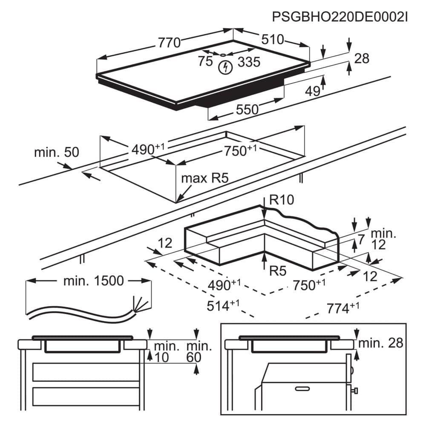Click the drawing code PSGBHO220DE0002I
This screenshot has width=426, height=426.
click(340, 17)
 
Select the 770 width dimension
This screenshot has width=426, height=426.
click(169, 43)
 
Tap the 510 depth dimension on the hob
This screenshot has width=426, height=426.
click(272, 40)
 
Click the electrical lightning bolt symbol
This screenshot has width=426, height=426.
click(225, 67)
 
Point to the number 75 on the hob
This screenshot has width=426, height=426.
click(205, 61)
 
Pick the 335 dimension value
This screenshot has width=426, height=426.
click(248, 62)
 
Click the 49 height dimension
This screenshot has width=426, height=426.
click(313, 91)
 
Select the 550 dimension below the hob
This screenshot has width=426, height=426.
click(247, 109)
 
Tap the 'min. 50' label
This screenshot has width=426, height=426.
click(57, 152)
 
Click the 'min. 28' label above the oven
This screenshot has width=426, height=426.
click(380, 343)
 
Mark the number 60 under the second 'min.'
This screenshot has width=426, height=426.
click(194, 357)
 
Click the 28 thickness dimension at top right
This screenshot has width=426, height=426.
click(362, 58)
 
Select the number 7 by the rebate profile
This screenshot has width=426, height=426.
click(361, 239)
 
